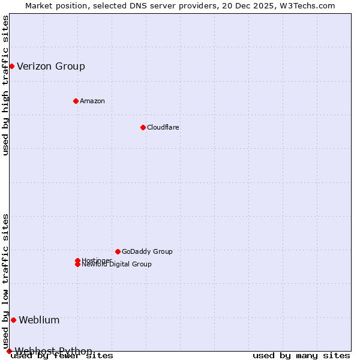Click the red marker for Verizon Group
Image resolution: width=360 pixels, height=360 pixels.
(x=11, y=66)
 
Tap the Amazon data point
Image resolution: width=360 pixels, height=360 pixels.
(x=76, y=101)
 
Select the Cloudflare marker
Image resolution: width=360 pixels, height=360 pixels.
(x=143, y=127)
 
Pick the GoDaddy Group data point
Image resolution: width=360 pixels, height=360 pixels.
(x=118, y=251)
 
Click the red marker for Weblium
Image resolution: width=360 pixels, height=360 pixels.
(x=13, y=320)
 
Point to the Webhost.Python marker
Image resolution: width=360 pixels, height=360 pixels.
(x=9, y=351)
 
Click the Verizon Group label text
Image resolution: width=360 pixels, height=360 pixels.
(x=51, y=66)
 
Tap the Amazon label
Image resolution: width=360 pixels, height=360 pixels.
(x=92, y=101)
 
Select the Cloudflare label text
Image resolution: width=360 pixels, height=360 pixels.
(x=163, y=127)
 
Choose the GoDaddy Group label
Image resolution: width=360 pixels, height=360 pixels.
(x=147, y=251)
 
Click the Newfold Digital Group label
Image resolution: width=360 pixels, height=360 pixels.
(x=117, y=265)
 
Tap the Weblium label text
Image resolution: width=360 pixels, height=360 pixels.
(x=39, y=320)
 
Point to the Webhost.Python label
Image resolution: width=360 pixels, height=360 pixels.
(x=53, y=351)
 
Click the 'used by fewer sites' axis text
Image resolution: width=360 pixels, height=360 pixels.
(x=62, y=356)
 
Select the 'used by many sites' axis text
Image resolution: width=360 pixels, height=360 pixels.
(x=301, y=356)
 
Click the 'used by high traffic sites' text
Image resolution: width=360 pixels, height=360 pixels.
(x=5, y=85)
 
